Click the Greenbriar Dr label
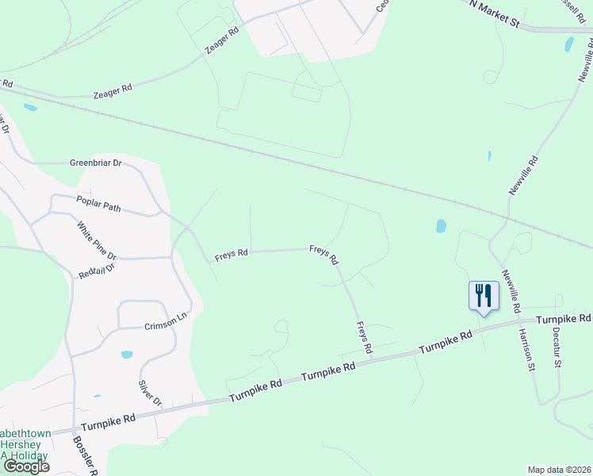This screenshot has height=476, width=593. tap(95, 163)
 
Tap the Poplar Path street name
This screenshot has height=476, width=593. tap(98, 204)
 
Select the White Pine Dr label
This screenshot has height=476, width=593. tap(97, 241)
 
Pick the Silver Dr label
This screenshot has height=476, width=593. tap(150, 391)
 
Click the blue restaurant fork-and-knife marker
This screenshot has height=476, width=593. tap(482, 297)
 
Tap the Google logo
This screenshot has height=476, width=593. tap(25, 466)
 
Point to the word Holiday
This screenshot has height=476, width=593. tap(28, 456)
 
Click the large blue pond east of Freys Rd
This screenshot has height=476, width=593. tap(441, 226)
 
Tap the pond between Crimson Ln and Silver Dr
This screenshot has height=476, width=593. tap(127, 355)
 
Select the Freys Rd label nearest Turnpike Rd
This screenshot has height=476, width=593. tap(364, 337)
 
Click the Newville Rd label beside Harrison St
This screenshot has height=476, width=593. tap(511, 290)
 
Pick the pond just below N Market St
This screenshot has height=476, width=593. tap(568, 44)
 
